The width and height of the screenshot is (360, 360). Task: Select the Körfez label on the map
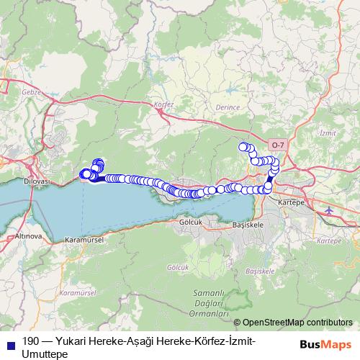[165, 104]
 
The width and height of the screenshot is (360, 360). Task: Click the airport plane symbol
[330, 210]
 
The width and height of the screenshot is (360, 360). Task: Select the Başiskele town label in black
[249, 225]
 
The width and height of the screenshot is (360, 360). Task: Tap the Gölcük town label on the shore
[189, 222]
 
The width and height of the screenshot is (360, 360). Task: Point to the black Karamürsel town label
[85, 238]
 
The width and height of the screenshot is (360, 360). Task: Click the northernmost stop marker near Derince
[244, 147]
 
